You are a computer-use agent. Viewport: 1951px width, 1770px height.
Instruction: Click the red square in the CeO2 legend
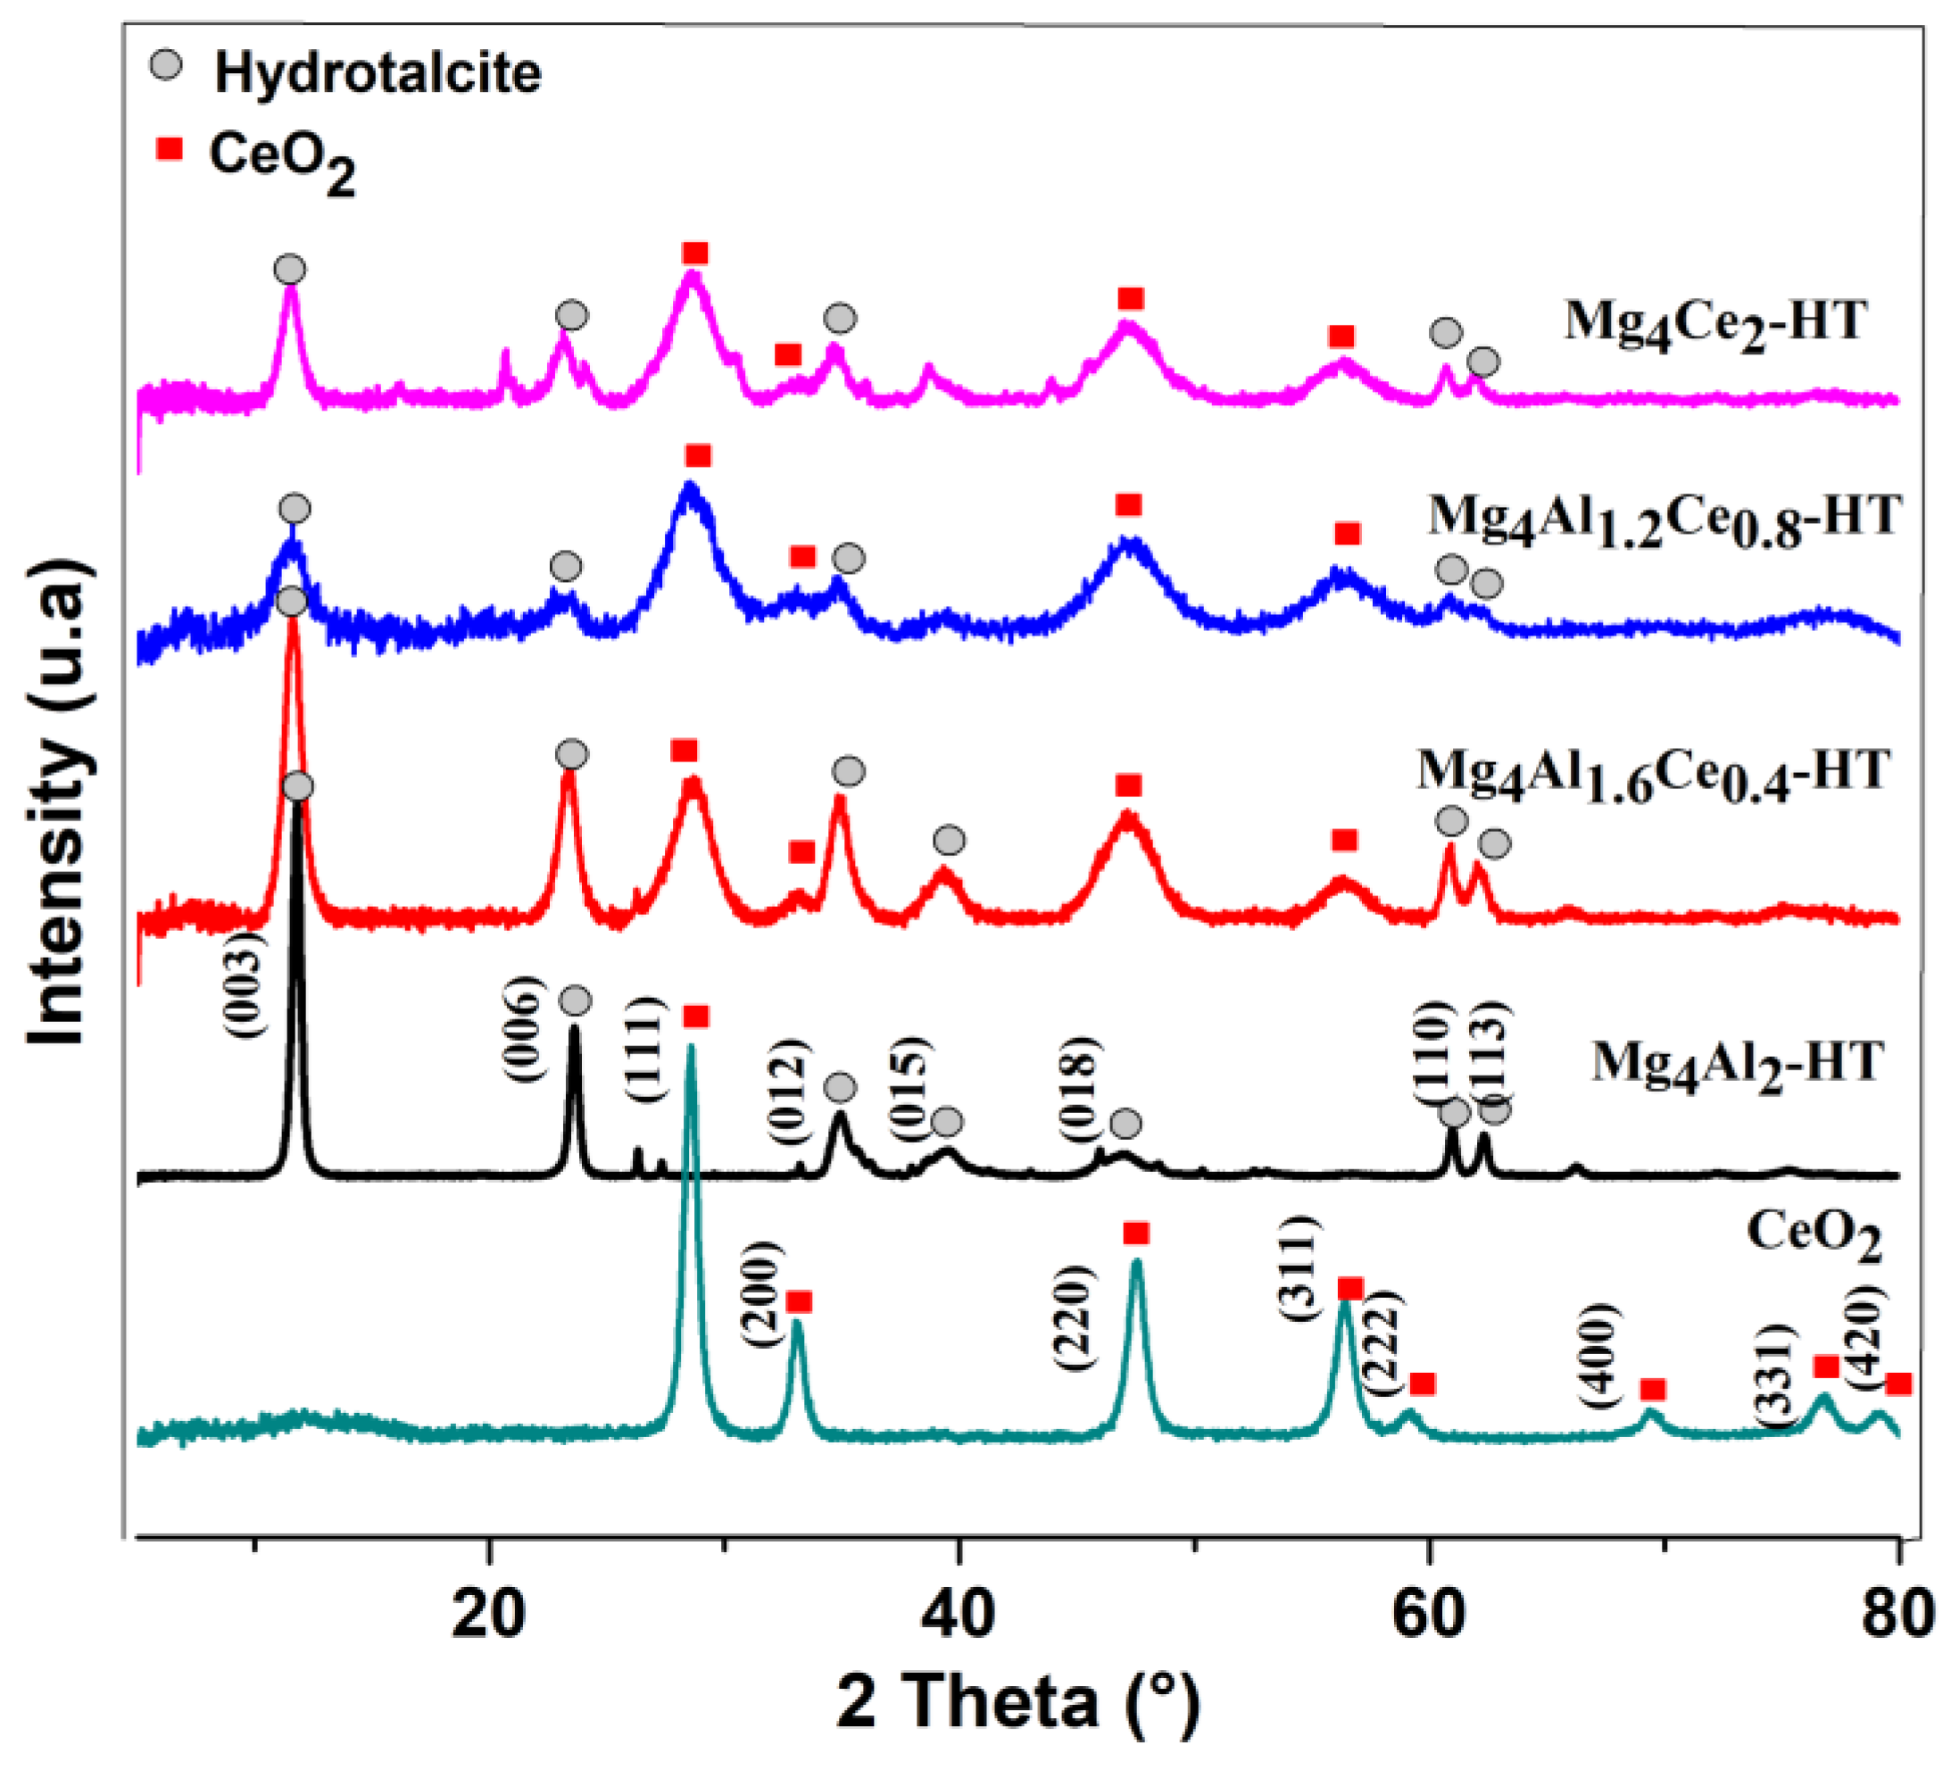tap(170, 150)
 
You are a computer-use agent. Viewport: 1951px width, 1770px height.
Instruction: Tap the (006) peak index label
tap(519, 1030)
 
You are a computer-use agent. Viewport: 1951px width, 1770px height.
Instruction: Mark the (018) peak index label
tap(1078, 1089)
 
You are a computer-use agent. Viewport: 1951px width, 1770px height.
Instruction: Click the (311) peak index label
tap(1299, 1267)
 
